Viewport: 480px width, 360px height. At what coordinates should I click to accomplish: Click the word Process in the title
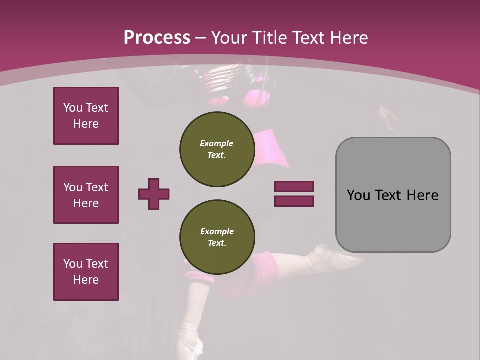[157, 38]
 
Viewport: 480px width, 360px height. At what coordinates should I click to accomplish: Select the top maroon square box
[86, 116]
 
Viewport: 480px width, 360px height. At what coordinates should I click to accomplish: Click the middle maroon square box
[86, 195]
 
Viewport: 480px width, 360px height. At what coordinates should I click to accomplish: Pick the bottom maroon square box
[86, 272]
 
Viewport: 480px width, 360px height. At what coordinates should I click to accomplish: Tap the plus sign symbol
[154, 194]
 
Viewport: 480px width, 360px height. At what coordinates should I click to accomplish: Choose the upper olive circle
[217, 149]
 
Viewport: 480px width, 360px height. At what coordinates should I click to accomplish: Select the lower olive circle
[217, 237]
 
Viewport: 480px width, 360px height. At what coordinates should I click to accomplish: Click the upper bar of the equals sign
[294, 186]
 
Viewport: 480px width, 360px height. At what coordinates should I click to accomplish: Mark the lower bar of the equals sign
[294, 201]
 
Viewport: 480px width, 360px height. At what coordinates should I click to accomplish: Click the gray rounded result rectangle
[393, 195]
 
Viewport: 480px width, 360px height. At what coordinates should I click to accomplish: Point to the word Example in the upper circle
[217, 143]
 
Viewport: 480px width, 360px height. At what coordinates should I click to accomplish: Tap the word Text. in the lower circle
[217, 243]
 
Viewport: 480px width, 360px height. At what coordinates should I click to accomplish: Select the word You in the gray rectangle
[358, 195]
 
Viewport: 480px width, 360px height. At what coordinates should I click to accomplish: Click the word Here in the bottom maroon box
[86, 280]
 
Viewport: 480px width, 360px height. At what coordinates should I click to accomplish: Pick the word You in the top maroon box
[72, 108]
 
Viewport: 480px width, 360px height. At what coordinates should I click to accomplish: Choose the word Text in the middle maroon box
[96, 187]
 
